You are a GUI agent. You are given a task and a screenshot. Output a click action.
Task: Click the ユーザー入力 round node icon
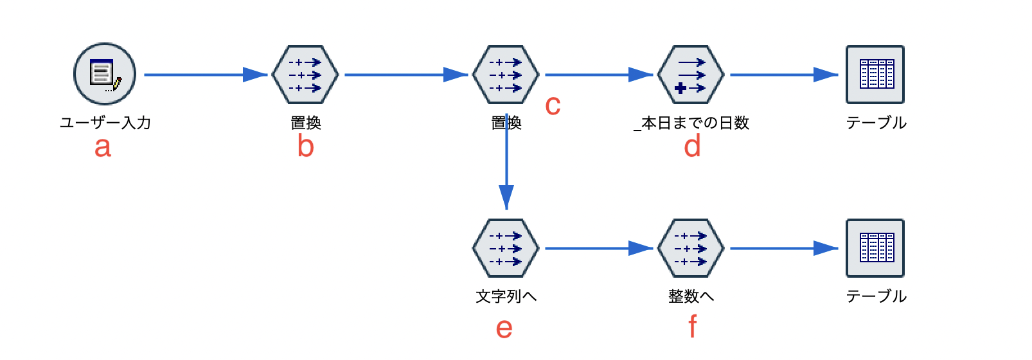(x=105, y=75)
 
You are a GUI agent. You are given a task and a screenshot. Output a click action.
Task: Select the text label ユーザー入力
(x=105, y=123)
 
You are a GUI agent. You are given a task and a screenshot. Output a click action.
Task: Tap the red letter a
(x=103, y=147)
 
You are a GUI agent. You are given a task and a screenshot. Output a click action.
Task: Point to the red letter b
(x=306, y=147)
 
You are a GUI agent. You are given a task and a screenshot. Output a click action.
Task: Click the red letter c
(x=553, y=105)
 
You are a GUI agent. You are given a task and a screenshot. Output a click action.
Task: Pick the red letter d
(x=692, y=147)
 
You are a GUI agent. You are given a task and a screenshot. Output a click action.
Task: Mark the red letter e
(x=504, y=328)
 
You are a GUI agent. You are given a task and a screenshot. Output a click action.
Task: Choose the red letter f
(x=692, y=327)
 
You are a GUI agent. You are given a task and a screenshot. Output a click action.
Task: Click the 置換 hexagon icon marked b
(x=305, y=75)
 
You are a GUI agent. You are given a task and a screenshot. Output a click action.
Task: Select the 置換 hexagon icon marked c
(x=506, y=75)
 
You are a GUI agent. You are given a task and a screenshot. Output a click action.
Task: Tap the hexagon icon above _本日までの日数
(x=691, y=75)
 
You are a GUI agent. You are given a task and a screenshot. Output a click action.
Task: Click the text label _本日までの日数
(x=691, y=123)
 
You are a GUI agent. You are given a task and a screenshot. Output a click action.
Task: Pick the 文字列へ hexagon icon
(x=506, y=248)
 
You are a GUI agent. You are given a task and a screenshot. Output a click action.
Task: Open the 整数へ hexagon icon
(x=691, y=248)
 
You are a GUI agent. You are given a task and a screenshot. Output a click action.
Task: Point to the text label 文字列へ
(x=506, y=296)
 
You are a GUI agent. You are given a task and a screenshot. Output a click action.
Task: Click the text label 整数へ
(x=691, y=296)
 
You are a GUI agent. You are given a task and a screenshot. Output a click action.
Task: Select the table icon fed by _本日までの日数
(x=875, y=75)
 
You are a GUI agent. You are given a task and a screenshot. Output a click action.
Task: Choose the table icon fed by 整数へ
(x=875, y=248)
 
